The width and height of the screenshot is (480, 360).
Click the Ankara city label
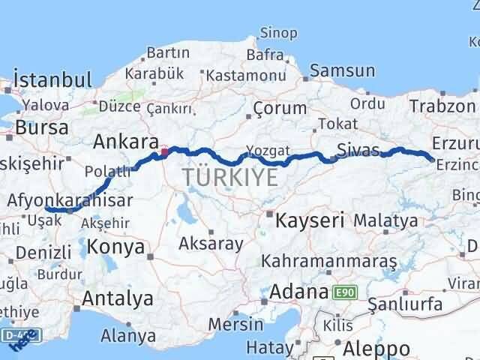(x=125, y=142)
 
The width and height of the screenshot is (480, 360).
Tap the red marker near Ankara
(x=164, y=152)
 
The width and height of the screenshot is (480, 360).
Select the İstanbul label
(x=53, y=79)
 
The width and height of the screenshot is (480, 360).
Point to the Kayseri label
(x=310, y=220)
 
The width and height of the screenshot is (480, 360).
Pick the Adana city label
(x=298, y=291)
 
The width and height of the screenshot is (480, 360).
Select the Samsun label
(x=342, y=70)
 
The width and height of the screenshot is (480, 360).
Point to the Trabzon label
(x=442, y=106)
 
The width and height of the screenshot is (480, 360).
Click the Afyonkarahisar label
(x=70, y=200)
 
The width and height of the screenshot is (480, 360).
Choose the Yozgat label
(x=267, y=148)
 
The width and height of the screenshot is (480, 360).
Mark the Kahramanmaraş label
(x=328, y=262)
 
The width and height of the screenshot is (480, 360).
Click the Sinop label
(x=278, y=32)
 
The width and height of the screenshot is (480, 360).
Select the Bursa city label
(x=41, y=127)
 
